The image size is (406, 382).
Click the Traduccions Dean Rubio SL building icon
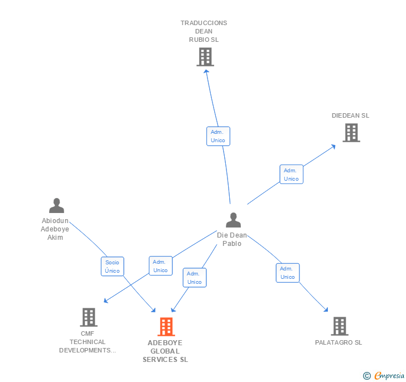point(205,57)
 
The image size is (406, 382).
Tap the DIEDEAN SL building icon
point(351,133)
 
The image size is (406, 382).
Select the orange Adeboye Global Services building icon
point(166,327)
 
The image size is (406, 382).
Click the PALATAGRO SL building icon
point(339,326)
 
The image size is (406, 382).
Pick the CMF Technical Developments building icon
point(89,317)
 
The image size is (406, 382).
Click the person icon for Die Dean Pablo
point(233,220)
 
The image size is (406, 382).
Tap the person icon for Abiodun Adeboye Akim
point(56,206)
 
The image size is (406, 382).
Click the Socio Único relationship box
point(112,267)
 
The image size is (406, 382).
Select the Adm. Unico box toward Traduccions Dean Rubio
point(218,136)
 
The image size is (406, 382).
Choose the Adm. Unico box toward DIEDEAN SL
point(291,175)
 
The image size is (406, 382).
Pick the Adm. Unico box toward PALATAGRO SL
point(288,273)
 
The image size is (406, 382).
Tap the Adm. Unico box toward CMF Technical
point(161,266)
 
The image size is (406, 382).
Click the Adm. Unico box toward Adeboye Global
point(195,278)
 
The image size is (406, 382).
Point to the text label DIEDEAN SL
point(350,116)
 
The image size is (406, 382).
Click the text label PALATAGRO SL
point(339,342)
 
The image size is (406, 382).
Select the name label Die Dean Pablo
point(232,240)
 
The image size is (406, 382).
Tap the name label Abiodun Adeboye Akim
point(55,229)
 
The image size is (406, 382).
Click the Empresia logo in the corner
point(384,376)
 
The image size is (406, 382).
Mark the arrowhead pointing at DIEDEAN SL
point(333,146)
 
